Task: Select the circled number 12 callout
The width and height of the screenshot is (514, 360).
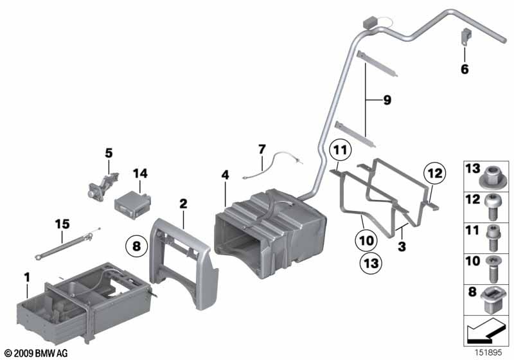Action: click(x=435, y=173)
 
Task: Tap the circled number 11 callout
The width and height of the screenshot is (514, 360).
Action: click(x=341, y=150)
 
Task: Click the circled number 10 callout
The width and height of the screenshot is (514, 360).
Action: click(x=366, y=241)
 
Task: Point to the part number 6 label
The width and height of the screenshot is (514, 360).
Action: click(x=465, y=69)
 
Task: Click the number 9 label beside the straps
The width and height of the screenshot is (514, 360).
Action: click(x=387, y=100)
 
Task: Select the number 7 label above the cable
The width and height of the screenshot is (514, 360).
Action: click(x=261, y=149)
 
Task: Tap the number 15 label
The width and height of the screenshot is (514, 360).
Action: click(x=62, y=224)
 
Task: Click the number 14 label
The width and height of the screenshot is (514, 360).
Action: click(x=140, y=173)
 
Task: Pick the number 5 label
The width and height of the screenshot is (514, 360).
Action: click(x=109, y=153)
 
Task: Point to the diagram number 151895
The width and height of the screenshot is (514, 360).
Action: click(x=488, y=352)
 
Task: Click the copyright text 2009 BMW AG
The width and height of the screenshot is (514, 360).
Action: click(x=37, y=354)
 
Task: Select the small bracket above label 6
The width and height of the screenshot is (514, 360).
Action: click(x=465, y=37)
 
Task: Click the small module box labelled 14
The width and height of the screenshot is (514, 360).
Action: click(x=132, y=204)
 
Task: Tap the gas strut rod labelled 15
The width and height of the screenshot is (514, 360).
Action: click(x=67, y=244)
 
